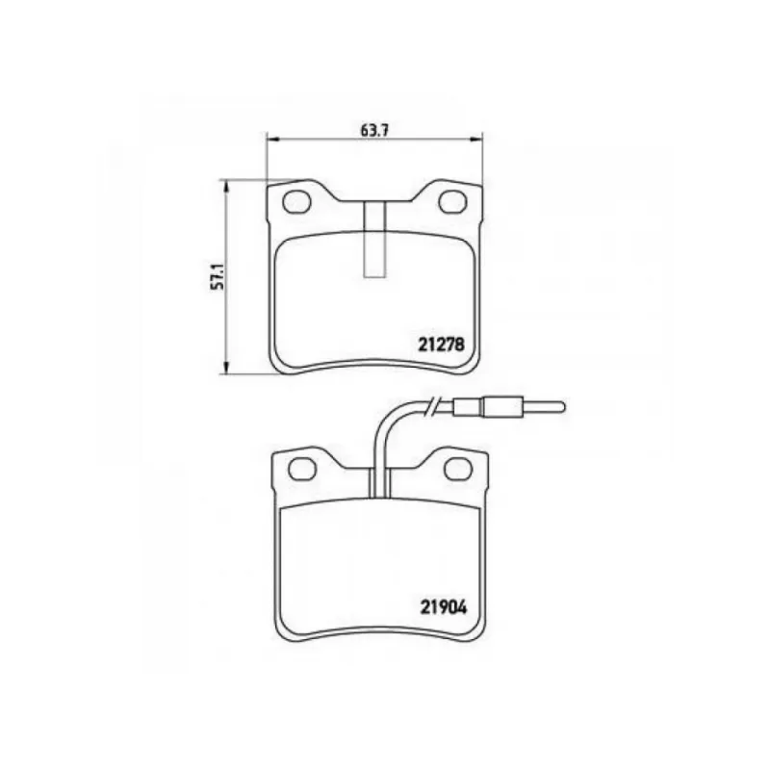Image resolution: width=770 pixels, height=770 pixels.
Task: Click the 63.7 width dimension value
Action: click(374, 131)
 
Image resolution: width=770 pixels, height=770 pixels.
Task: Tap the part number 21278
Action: click(442, 345)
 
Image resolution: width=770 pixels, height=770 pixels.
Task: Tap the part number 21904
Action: click(444, 608)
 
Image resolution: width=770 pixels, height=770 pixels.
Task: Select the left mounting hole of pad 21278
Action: click(297, 202)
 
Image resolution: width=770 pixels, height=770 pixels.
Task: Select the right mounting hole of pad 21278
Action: click(452, 202)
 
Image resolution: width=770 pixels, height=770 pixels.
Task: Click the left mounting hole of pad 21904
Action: click(302, 469)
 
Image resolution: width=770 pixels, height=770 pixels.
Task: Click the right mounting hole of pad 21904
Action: click(458, 469)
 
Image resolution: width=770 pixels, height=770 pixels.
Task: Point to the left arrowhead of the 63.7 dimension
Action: click(272, 139)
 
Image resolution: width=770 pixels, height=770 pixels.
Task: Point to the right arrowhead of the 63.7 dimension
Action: click(476, 139)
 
